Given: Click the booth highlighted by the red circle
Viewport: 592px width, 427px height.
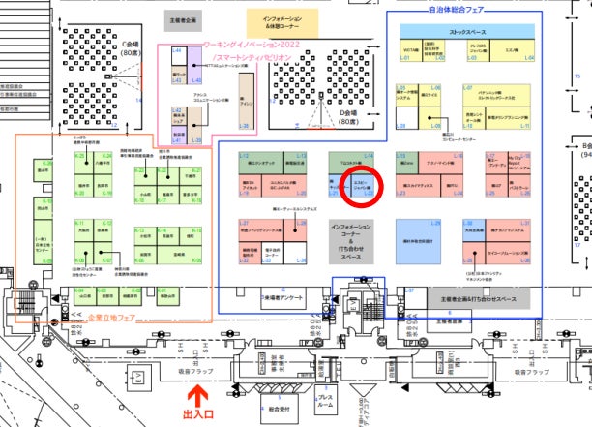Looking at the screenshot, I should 359,184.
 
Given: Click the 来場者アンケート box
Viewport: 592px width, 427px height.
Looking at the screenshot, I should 281,299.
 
